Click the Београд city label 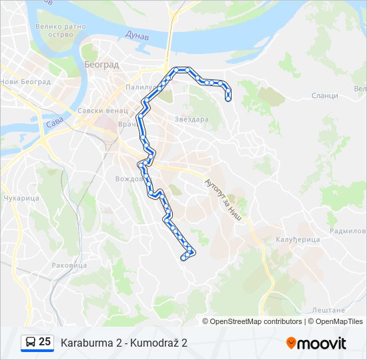101,65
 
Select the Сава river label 53,125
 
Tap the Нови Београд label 25,82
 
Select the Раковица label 69,265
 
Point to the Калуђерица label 298,239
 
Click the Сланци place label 324,96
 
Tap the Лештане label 328,310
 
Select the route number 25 45,342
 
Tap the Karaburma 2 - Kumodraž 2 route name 123,343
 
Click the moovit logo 316,343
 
